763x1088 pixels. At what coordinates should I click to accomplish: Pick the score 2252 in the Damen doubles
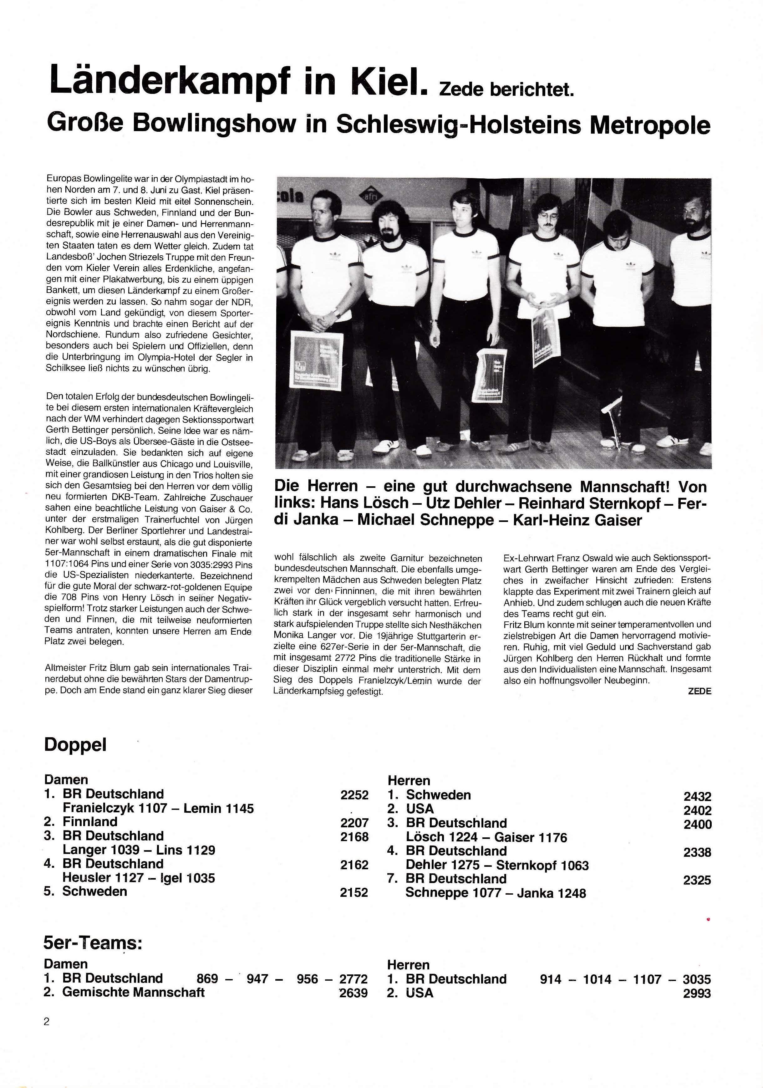(x=354, y=795)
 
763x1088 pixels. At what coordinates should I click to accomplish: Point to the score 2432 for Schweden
(x=697, y=797)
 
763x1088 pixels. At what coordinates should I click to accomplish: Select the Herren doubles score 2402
(x=697, y=810)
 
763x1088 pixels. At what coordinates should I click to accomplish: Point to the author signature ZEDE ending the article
(x=699, y=691)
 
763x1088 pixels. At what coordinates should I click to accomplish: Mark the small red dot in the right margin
(x=708, y=920)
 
